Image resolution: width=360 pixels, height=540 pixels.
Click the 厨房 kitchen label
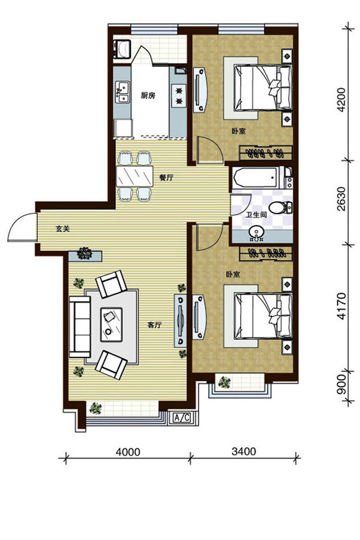[x=148, y=95]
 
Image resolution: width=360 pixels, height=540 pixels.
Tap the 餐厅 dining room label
[x=166, y=178]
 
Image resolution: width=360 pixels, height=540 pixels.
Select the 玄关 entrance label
[x=62, y=229]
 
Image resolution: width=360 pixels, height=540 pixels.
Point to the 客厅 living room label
[x=154, y=325]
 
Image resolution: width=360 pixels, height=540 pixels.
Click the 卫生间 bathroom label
[x=256, y=215]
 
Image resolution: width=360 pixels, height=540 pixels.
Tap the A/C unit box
[x=182, y=418]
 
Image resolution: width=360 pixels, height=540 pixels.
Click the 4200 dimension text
[x=341, y=100]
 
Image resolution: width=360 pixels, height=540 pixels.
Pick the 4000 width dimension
[x=128, y=451]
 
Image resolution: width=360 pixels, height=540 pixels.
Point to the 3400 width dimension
[x=244, y=451]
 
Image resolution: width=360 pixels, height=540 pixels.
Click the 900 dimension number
[x=341, y=384]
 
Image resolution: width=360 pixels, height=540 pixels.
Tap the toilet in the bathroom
[x=280, y=208]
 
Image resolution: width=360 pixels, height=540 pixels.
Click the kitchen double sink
[x=122, y=92]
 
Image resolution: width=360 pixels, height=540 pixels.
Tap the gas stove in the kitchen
[x=179, y=96]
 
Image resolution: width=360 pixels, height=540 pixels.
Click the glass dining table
[x=134, y=176]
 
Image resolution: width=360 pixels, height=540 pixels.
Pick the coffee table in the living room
[x=111, y=325]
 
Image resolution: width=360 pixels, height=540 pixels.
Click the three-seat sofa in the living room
[x=80, y=327]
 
